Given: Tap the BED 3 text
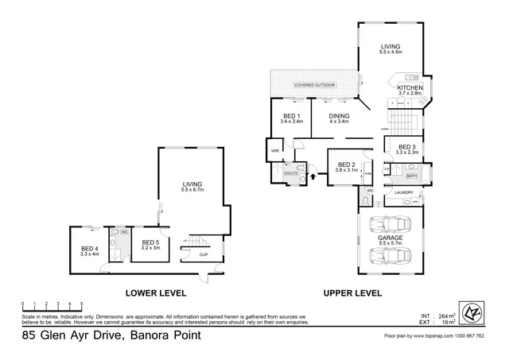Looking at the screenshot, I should [x=406, y=147].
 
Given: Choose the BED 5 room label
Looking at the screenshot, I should [x=151, y=242].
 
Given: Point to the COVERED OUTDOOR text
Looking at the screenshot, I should [x=315, y=84].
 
